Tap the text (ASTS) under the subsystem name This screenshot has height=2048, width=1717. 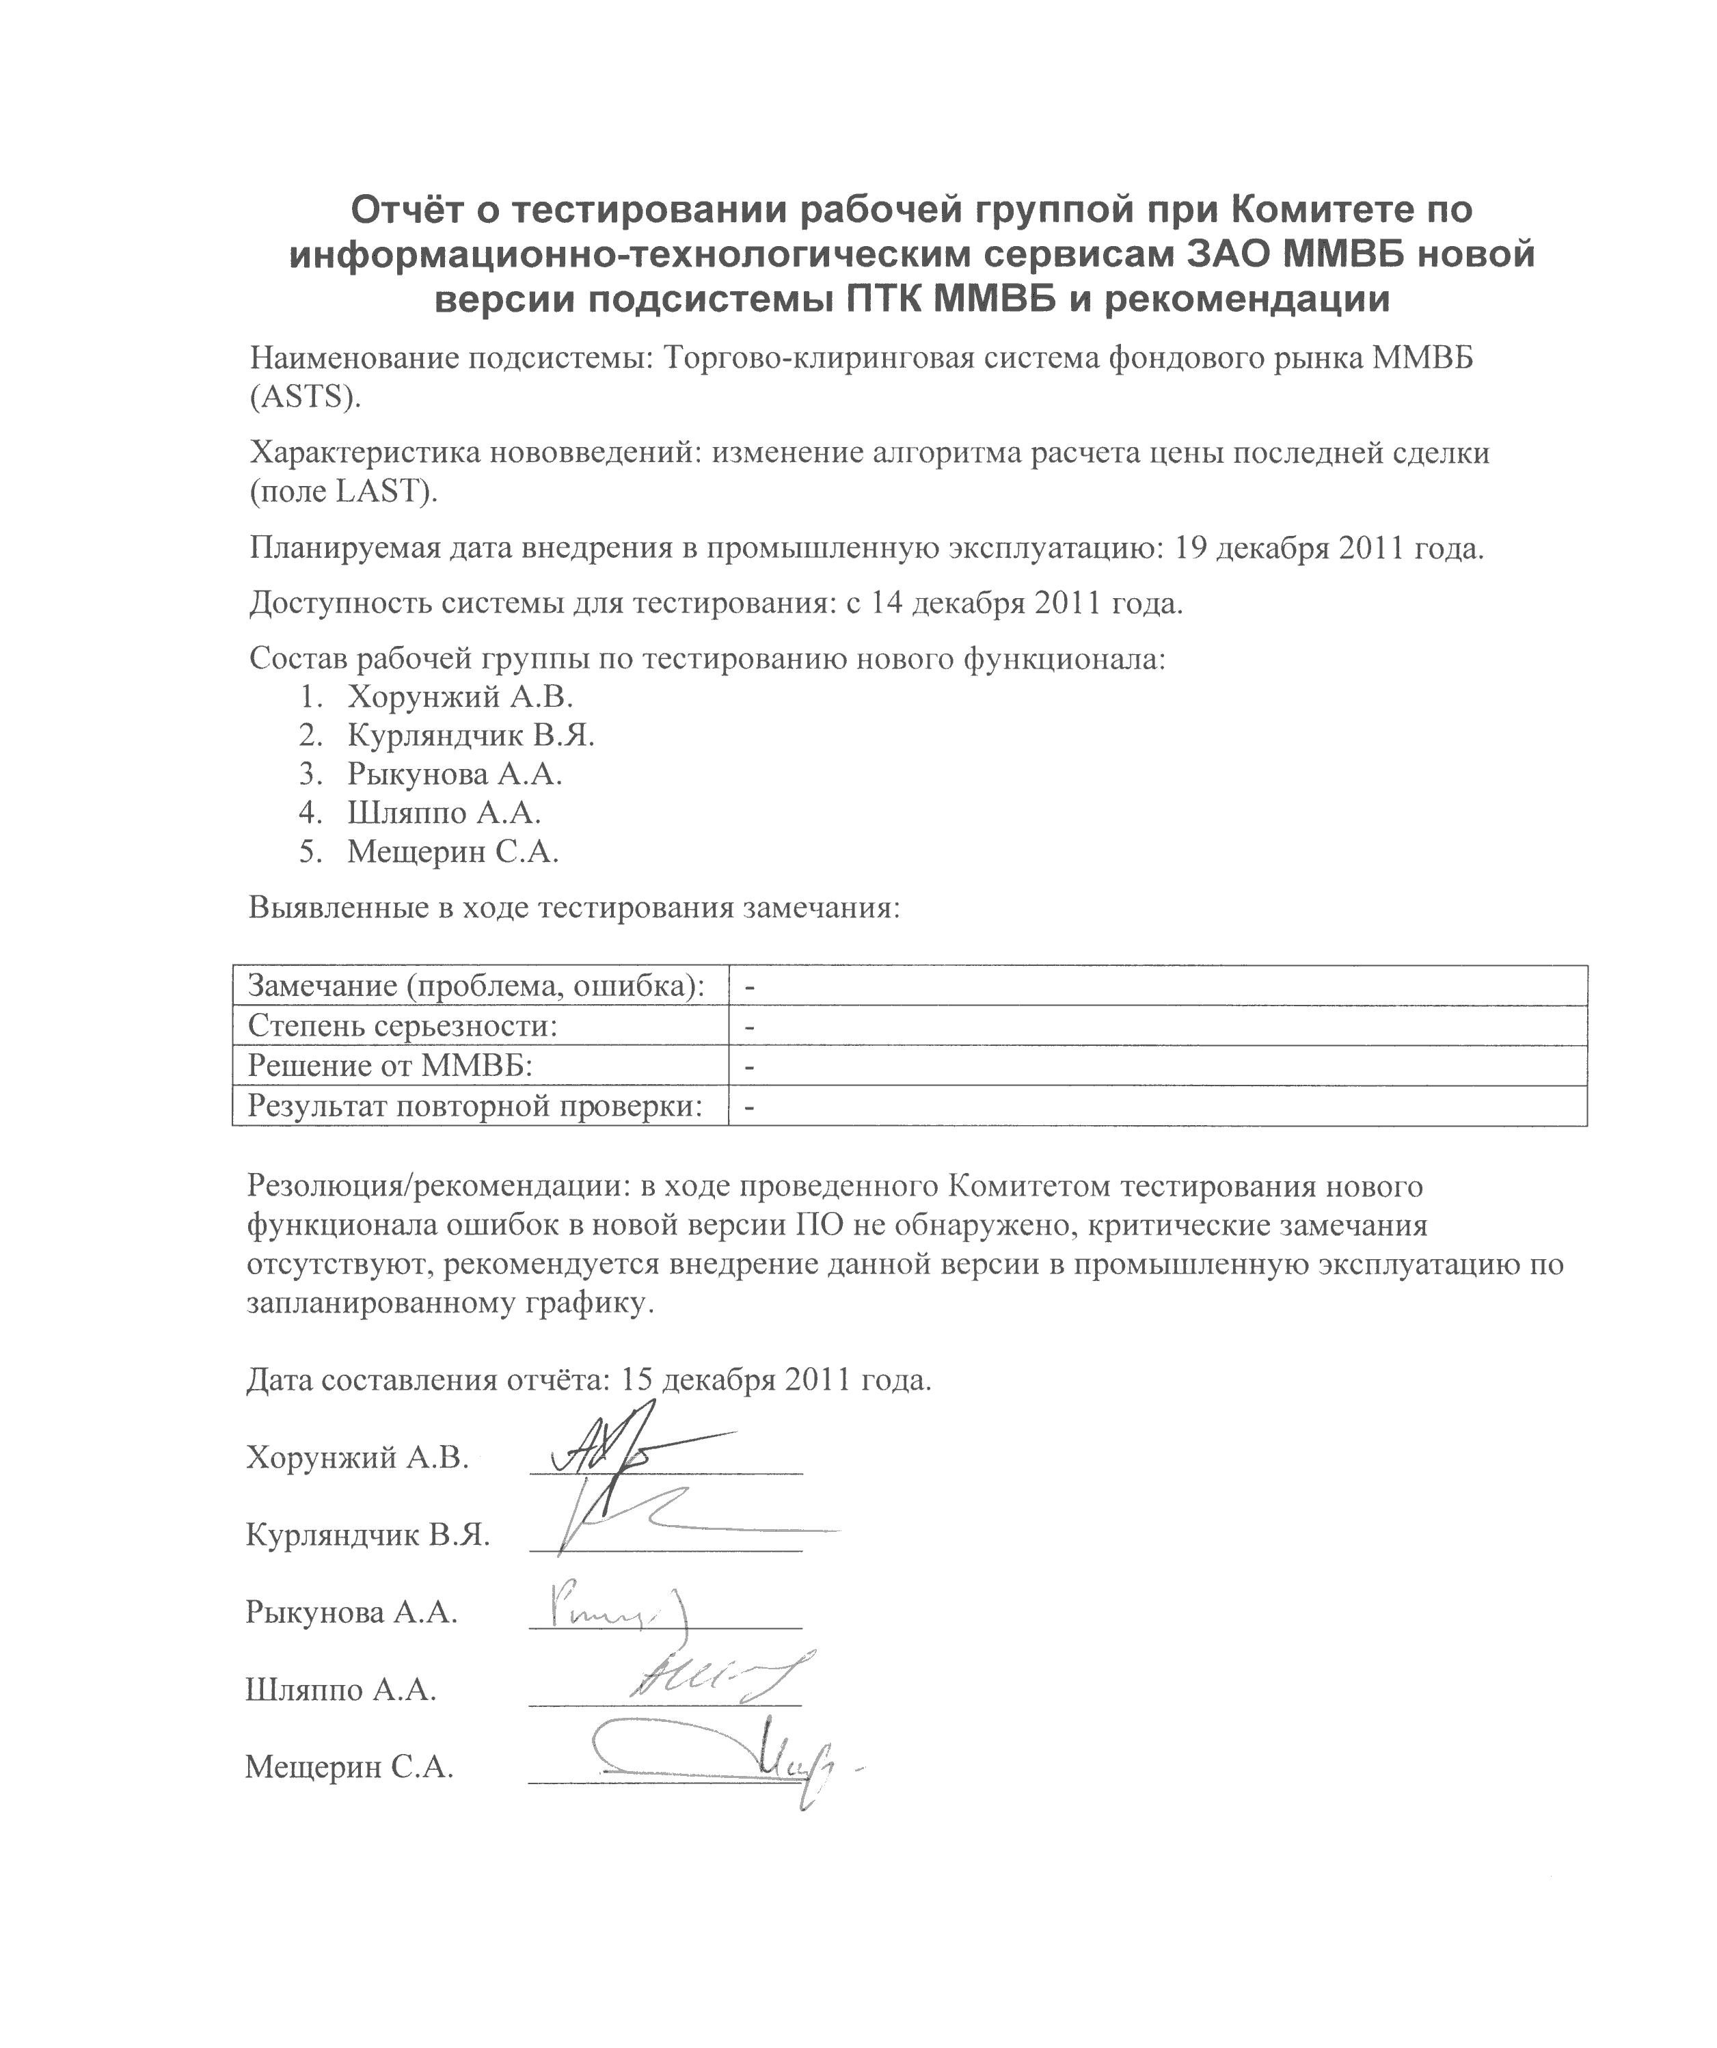(x=305, y=397)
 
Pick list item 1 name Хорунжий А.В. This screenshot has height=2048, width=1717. (x=460, y=697)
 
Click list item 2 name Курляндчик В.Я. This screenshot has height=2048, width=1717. (x=471, y=736)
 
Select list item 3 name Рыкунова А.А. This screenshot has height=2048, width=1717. (x=455, y=774)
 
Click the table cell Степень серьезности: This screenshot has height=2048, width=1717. (x=403, y=1026)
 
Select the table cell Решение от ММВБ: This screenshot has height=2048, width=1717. (x=390, y=1065)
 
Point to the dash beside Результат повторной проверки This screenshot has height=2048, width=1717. (x=750, y=1107)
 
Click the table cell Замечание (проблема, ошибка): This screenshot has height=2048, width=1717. (x=476, y=986)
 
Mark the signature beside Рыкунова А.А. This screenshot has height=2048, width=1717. (x=614, y=1608)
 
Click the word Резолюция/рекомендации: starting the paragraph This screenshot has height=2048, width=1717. (x=437, y=1187)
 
